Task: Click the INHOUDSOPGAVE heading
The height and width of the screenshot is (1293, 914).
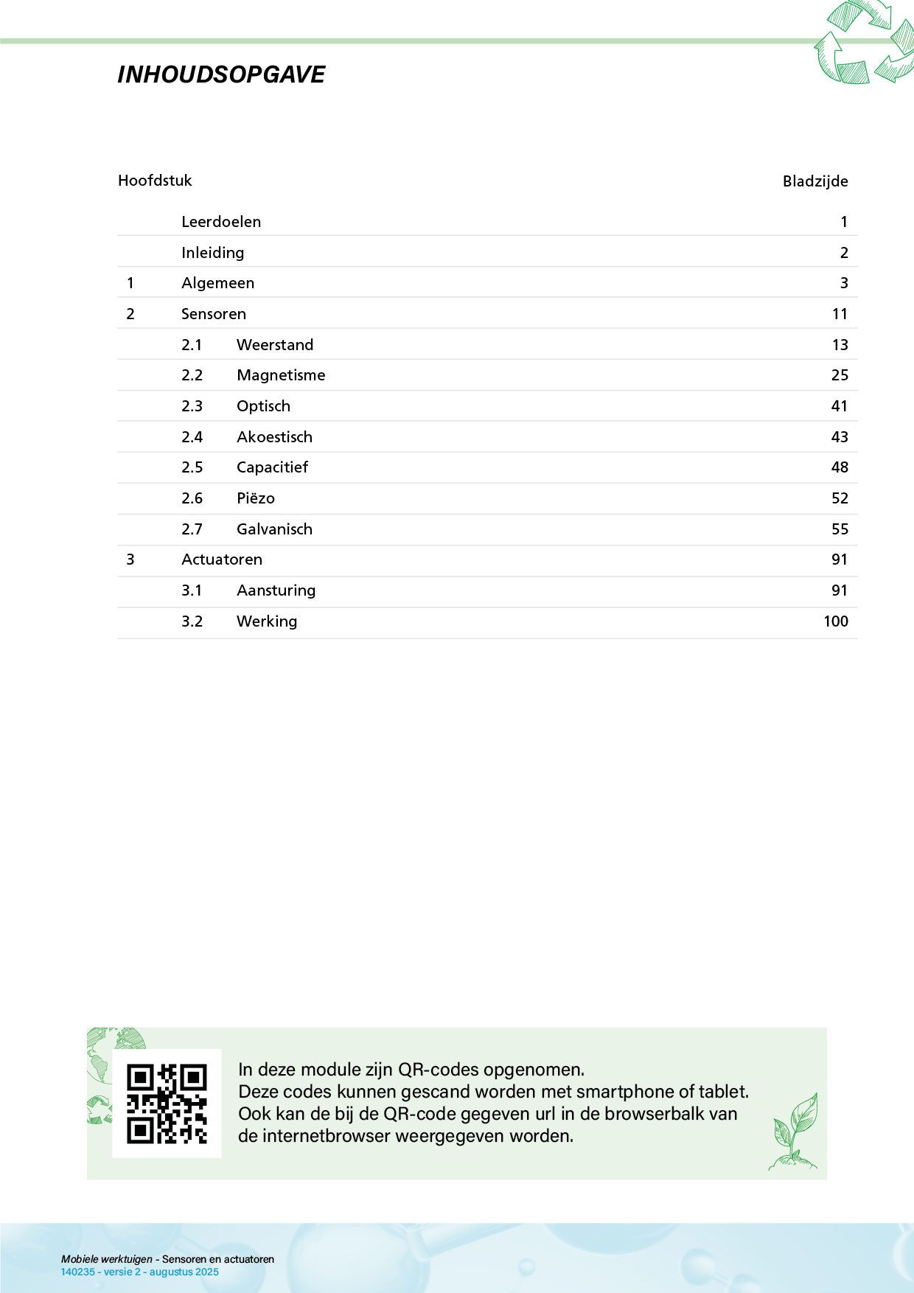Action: [221, 74]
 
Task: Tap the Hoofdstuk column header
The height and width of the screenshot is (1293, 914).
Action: [155, 181]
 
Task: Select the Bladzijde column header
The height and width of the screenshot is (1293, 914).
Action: [815, 181]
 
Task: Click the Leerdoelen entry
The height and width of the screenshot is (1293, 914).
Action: [221, 222]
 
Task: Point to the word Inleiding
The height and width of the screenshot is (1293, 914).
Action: [212, 253]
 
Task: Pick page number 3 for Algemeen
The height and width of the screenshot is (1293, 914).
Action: [844, 283]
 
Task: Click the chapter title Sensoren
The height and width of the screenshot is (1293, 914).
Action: [214, 314]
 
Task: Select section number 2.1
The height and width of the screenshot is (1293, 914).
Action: [192, 345]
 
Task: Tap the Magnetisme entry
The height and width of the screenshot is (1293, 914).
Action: [281, 375]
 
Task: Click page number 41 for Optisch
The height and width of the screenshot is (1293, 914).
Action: [840, 406]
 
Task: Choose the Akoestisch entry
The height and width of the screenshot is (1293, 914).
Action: [274, 437]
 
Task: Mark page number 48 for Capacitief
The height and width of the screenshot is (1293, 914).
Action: [840, 467]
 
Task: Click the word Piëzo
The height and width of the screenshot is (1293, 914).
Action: [256, 498]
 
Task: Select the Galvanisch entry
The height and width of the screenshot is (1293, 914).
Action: [274, 529]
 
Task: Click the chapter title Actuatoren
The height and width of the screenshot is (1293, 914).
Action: [222, 560]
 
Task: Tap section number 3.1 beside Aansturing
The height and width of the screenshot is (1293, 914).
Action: [192, 590]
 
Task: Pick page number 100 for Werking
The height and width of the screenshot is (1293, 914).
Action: [836, 621]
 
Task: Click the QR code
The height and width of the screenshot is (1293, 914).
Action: [167, 1104]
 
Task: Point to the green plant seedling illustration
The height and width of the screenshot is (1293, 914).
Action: [795, 1132]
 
